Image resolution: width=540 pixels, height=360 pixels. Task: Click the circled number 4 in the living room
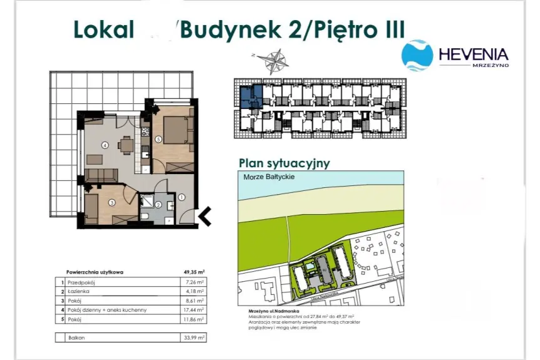point(105,146)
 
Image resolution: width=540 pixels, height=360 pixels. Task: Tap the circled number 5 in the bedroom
point(159,139)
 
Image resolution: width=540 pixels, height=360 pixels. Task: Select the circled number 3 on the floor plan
point(111,202)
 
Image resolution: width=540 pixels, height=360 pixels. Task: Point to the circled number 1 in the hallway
point(181,197)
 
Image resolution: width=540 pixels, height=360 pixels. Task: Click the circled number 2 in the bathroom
point(158,205)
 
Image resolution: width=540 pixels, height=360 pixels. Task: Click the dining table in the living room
point(127,145)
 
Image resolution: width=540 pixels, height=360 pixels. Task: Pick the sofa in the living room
point(102,175)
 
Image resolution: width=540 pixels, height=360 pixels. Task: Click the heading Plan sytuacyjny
point(284,163)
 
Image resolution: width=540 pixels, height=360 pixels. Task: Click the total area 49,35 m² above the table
point(193,272)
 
